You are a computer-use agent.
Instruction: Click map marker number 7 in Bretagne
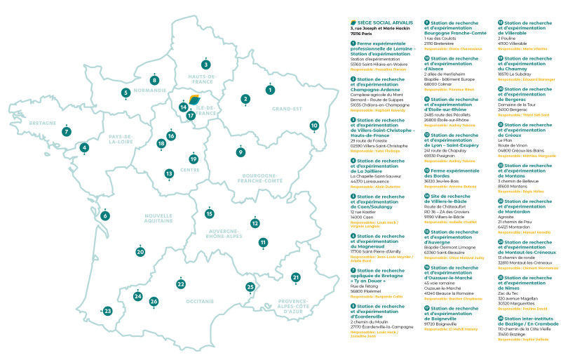[x=66, y=131]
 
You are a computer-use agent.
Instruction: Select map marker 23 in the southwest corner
[x=107, y=311]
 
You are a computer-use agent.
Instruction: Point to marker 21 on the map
[x=295, y=278]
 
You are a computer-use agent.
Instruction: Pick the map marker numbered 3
[x=205, y=65]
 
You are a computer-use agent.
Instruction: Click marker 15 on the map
[x=209, y=213]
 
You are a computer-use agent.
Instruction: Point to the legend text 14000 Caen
[x=362, y=218]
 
